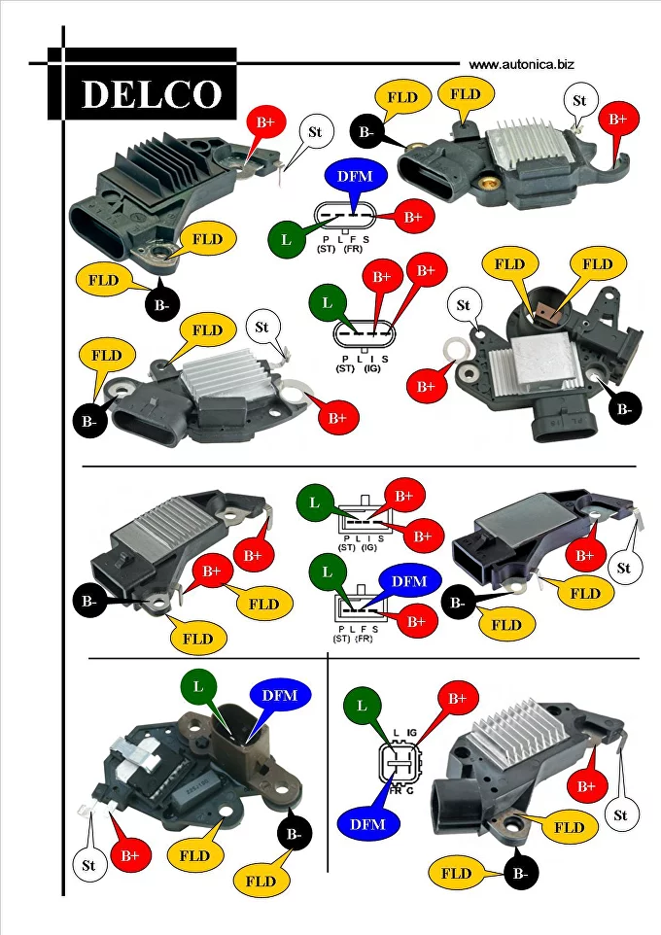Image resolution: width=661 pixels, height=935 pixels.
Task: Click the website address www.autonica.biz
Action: (521, 64)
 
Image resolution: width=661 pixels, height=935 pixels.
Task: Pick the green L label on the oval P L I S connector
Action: (327, 303)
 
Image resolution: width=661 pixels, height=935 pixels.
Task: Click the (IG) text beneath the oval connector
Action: (371, 369)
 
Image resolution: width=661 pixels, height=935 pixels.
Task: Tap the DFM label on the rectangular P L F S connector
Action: (408, 581)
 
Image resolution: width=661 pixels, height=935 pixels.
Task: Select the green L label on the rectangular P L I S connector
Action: (314, 502)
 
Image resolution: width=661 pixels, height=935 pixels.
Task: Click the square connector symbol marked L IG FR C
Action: (400, 763)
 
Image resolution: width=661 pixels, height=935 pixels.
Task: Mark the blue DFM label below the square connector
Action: (367, 824)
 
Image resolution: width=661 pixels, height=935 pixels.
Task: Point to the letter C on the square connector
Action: (411, 792)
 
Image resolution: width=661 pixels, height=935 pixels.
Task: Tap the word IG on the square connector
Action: (411, 732)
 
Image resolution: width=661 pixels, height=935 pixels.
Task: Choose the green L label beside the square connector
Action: (362, 705)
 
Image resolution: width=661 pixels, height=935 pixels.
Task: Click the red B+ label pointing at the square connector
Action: (457, 698)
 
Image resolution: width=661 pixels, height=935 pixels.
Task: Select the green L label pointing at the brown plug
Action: (198, 686)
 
